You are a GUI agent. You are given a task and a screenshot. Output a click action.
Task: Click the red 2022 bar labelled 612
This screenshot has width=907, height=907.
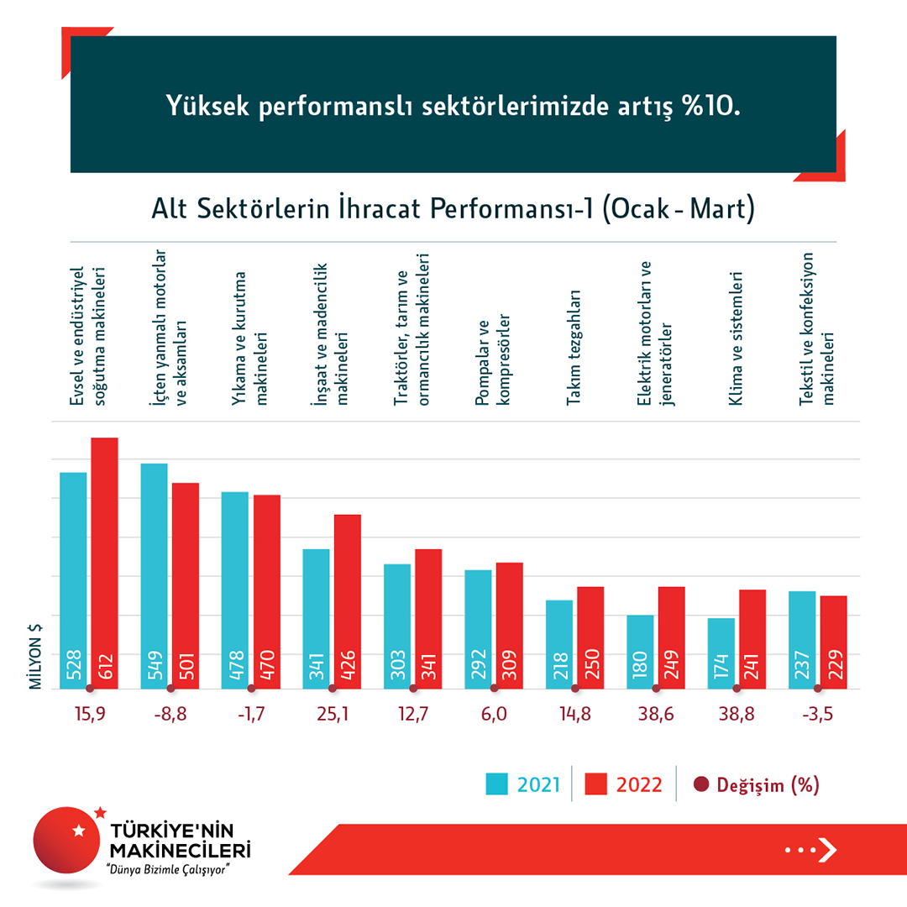click(104, 563)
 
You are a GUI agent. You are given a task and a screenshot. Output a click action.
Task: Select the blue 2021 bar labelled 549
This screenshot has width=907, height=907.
click(154, 575)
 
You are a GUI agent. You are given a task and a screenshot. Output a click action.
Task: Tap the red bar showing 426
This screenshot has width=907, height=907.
click(347, 600)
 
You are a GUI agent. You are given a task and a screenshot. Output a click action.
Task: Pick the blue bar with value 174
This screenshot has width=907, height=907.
click(721, 653)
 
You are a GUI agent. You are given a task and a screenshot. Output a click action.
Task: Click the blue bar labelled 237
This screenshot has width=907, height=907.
click(802, 639)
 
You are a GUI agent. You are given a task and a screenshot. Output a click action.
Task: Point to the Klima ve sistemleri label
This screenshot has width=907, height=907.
click(737, 338)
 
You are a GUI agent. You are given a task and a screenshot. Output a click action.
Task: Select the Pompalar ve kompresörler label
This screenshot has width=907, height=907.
click(493, 361)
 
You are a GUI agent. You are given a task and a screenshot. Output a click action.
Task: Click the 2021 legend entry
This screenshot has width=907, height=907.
click(522, 784)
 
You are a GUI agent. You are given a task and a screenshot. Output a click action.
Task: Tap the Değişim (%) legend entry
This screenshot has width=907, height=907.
click(756, 784)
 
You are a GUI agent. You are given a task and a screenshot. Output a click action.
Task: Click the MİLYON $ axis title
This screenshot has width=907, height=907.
click(36, 656)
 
